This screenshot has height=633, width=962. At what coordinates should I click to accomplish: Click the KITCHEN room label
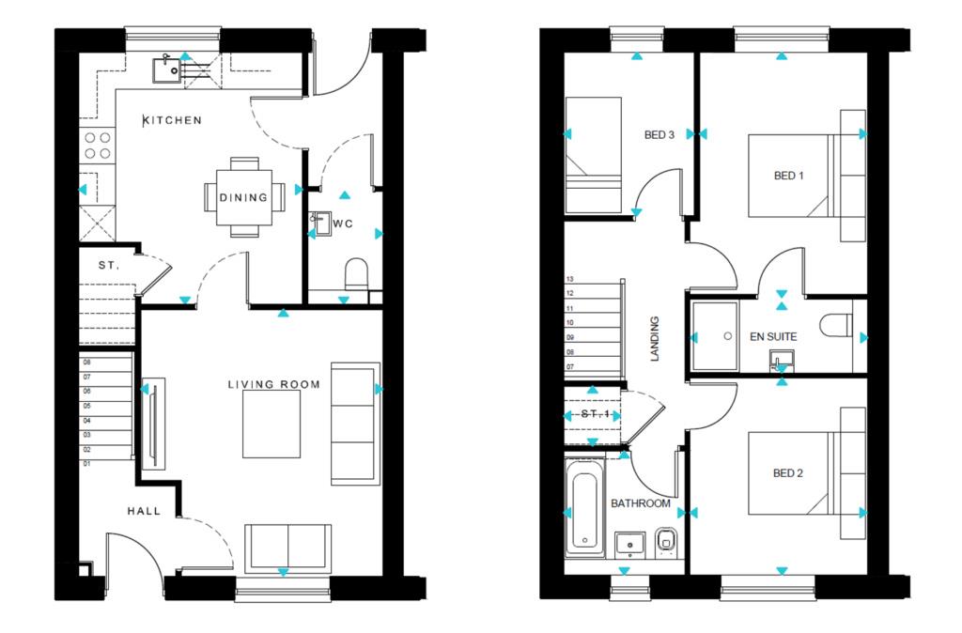[172, 120]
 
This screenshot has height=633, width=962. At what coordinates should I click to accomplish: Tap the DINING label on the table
[243, 197]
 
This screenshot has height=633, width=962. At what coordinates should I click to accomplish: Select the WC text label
[343, 224]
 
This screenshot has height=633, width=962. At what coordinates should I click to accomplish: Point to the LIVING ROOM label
[273, 384]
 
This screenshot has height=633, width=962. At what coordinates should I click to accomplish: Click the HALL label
[144, 511]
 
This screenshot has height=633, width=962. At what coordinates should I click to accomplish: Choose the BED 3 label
[659, 135]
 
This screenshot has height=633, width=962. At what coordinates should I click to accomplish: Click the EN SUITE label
[773, 337]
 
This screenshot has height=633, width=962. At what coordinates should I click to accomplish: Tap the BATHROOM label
[641, 503]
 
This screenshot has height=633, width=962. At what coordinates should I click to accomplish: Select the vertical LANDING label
[655, 339]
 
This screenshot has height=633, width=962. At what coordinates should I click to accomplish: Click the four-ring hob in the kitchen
[98, 146]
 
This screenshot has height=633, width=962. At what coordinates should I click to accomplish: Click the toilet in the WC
[356, 274]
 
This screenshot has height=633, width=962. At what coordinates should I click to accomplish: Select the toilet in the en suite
[835, 325]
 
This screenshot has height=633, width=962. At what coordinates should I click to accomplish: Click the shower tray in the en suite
[715, 336]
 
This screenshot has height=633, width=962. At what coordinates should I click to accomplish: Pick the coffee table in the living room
[272, 424]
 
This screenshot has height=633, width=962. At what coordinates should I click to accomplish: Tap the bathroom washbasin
[630, 545]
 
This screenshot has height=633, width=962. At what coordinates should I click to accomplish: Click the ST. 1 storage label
[595, 414]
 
